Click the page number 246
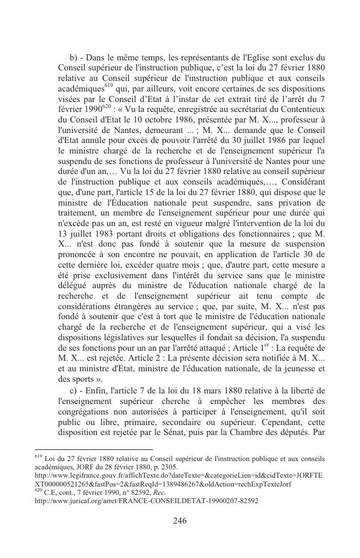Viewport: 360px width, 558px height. coord(179,520)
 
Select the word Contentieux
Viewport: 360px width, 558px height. coord(302,109)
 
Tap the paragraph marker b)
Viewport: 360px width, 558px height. coord(74,57)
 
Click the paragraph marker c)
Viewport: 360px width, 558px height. coord(74,387)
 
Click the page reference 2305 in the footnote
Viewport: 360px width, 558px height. coord(168,467)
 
